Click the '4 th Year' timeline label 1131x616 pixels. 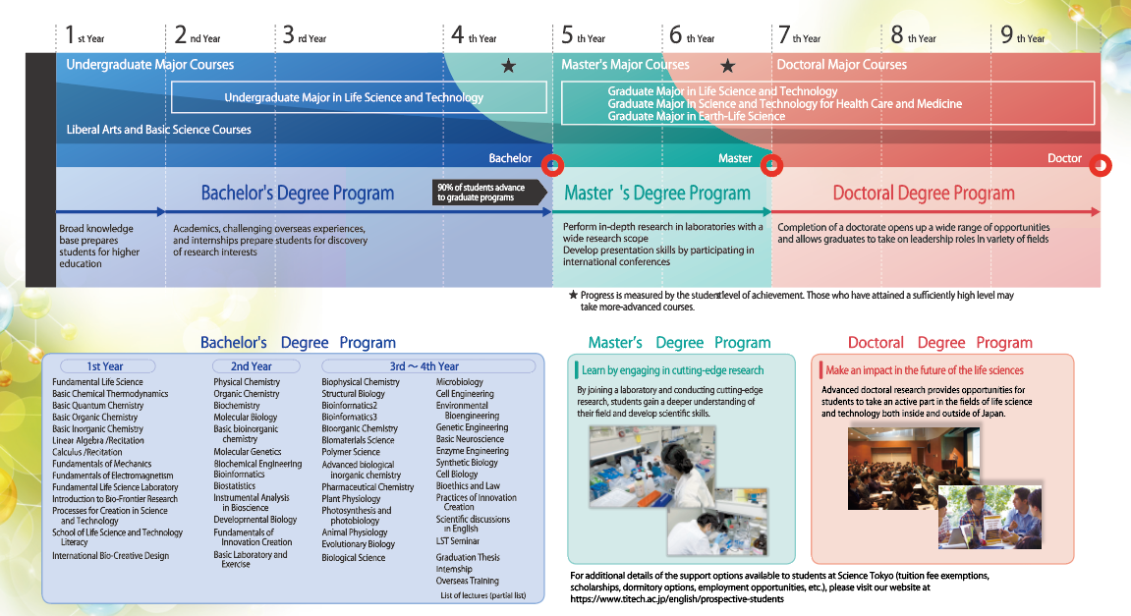[x=474, y=34]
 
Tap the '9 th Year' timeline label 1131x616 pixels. [x=1023, y=34]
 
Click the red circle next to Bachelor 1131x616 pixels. [x=552, y=165]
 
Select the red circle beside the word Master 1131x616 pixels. [x=771, y=165]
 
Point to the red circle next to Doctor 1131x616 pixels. [x=1101, y=166]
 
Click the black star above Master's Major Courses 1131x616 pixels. [x=728, y=67]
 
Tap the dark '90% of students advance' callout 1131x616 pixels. [x=489, y=193]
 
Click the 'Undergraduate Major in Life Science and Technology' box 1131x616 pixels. [x=359, y=97]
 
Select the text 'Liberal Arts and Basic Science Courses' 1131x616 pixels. [x=158, y=130]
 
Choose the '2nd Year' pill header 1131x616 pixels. [x=251, y=366]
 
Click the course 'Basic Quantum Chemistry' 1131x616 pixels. [x=97, y=406]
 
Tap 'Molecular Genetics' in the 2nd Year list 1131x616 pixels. [x=248, y=452]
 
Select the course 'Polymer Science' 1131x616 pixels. [x=351, y=452]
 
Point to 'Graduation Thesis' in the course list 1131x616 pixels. [x=468, y=557]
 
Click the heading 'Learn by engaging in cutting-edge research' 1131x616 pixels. [x=672, y=370]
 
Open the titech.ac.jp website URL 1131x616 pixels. [x=677, y=598]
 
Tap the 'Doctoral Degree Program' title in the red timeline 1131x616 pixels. [x=924, y=194]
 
